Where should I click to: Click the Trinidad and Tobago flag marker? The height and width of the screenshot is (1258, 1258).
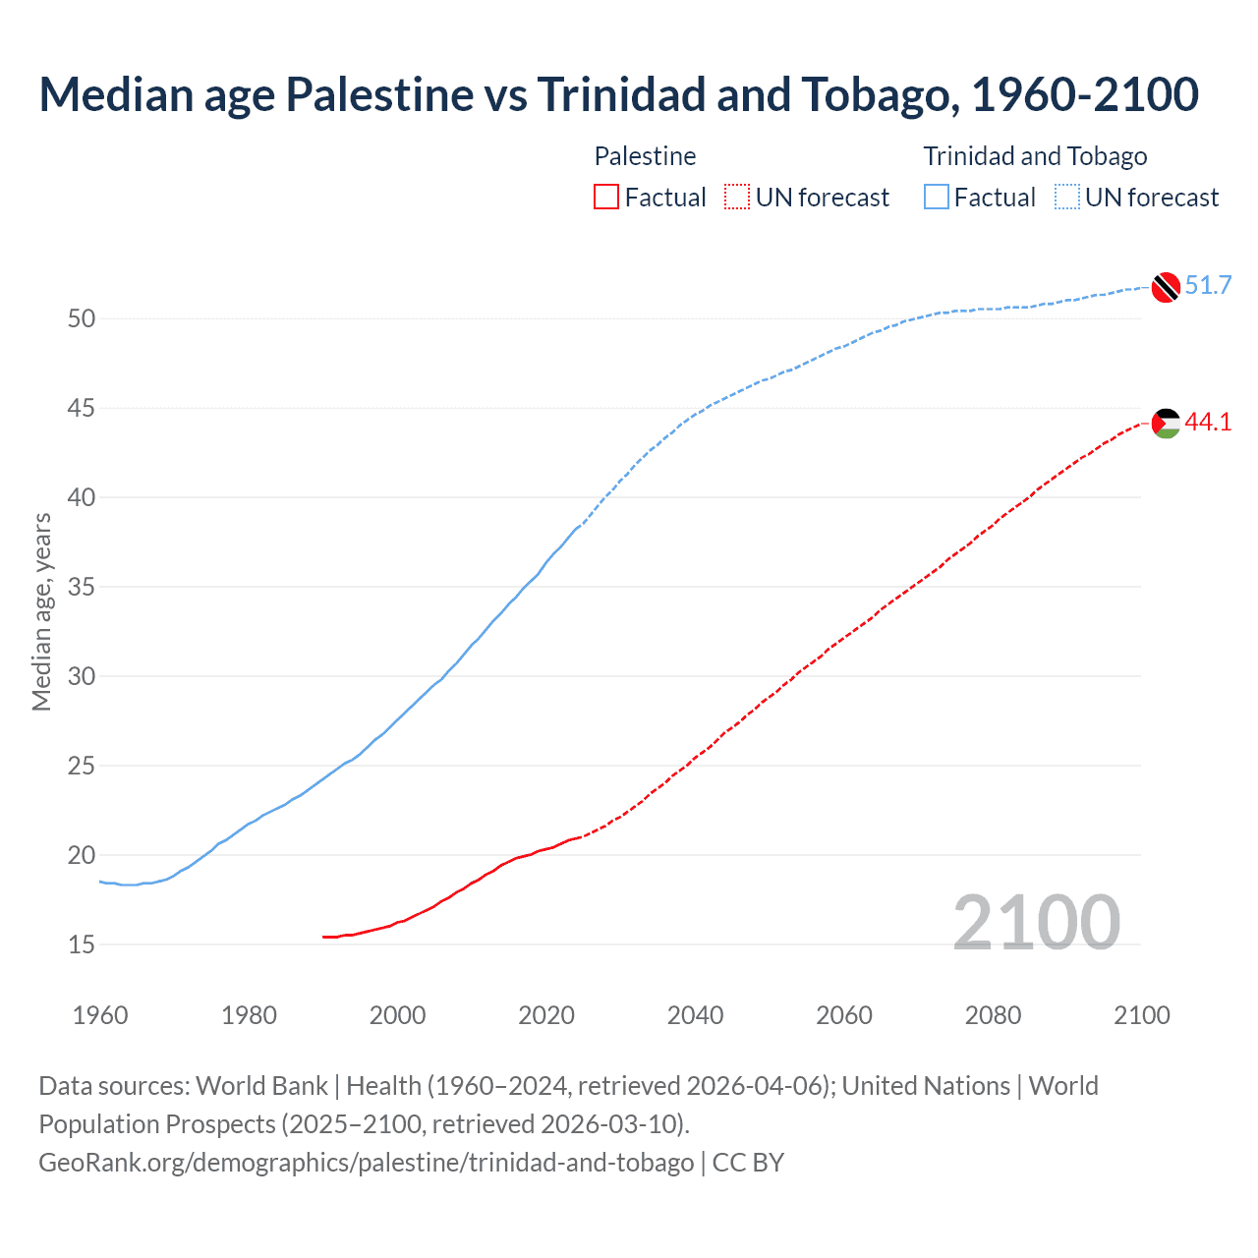(x=1165, y=286)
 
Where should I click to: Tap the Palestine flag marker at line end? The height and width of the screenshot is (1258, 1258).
(x=1165, y=423)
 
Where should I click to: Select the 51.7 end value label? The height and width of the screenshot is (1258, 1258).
(x=1208, y=286)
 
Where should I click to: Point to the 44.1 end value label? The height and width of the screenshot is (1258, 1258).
(x=1208, y=423)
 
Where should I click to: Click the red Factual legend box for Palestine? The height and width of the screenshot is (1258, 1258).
(x=606, y=198)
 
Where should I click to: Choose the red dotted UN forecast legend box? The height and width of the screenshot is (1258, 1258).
(x=737, y=198)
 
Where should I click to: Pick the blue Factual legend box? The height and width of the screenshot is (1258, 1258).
(x=937, y=198)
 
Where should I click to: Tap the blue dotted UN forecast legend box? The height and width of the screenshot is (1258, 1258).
(x=1066, y=198)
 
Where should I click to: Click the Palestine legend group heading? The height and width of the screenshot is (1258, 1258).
(x=645, y=156)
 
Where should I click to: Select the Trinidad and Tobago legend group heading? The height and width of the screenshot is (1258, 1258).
(x=1035, y=156)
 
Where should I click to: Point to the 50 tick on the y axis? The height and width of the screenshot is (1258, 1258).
(x=82, y=318)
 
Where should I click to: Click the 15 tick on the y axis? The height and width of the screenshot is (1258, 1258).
(x=82, y=944)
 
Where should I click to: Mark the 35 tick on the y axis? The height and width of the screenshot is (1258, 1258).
(x=82, y=587)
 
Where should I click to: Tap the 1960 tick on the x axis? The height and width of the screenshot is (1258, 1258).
(x=100, y=1015)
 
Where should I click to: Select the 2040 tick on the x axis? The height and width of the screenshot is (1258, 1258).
(x=695, y=1015)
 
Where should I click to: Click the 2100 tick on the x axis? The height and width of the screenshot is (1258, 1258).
(x=1142, y=1015)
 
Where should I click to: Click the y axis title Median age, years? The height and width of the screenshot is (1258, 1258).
(x=41, y=611)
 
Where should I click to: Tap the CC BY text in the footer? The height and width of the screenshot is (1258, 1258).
(x=748, y=1163)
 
